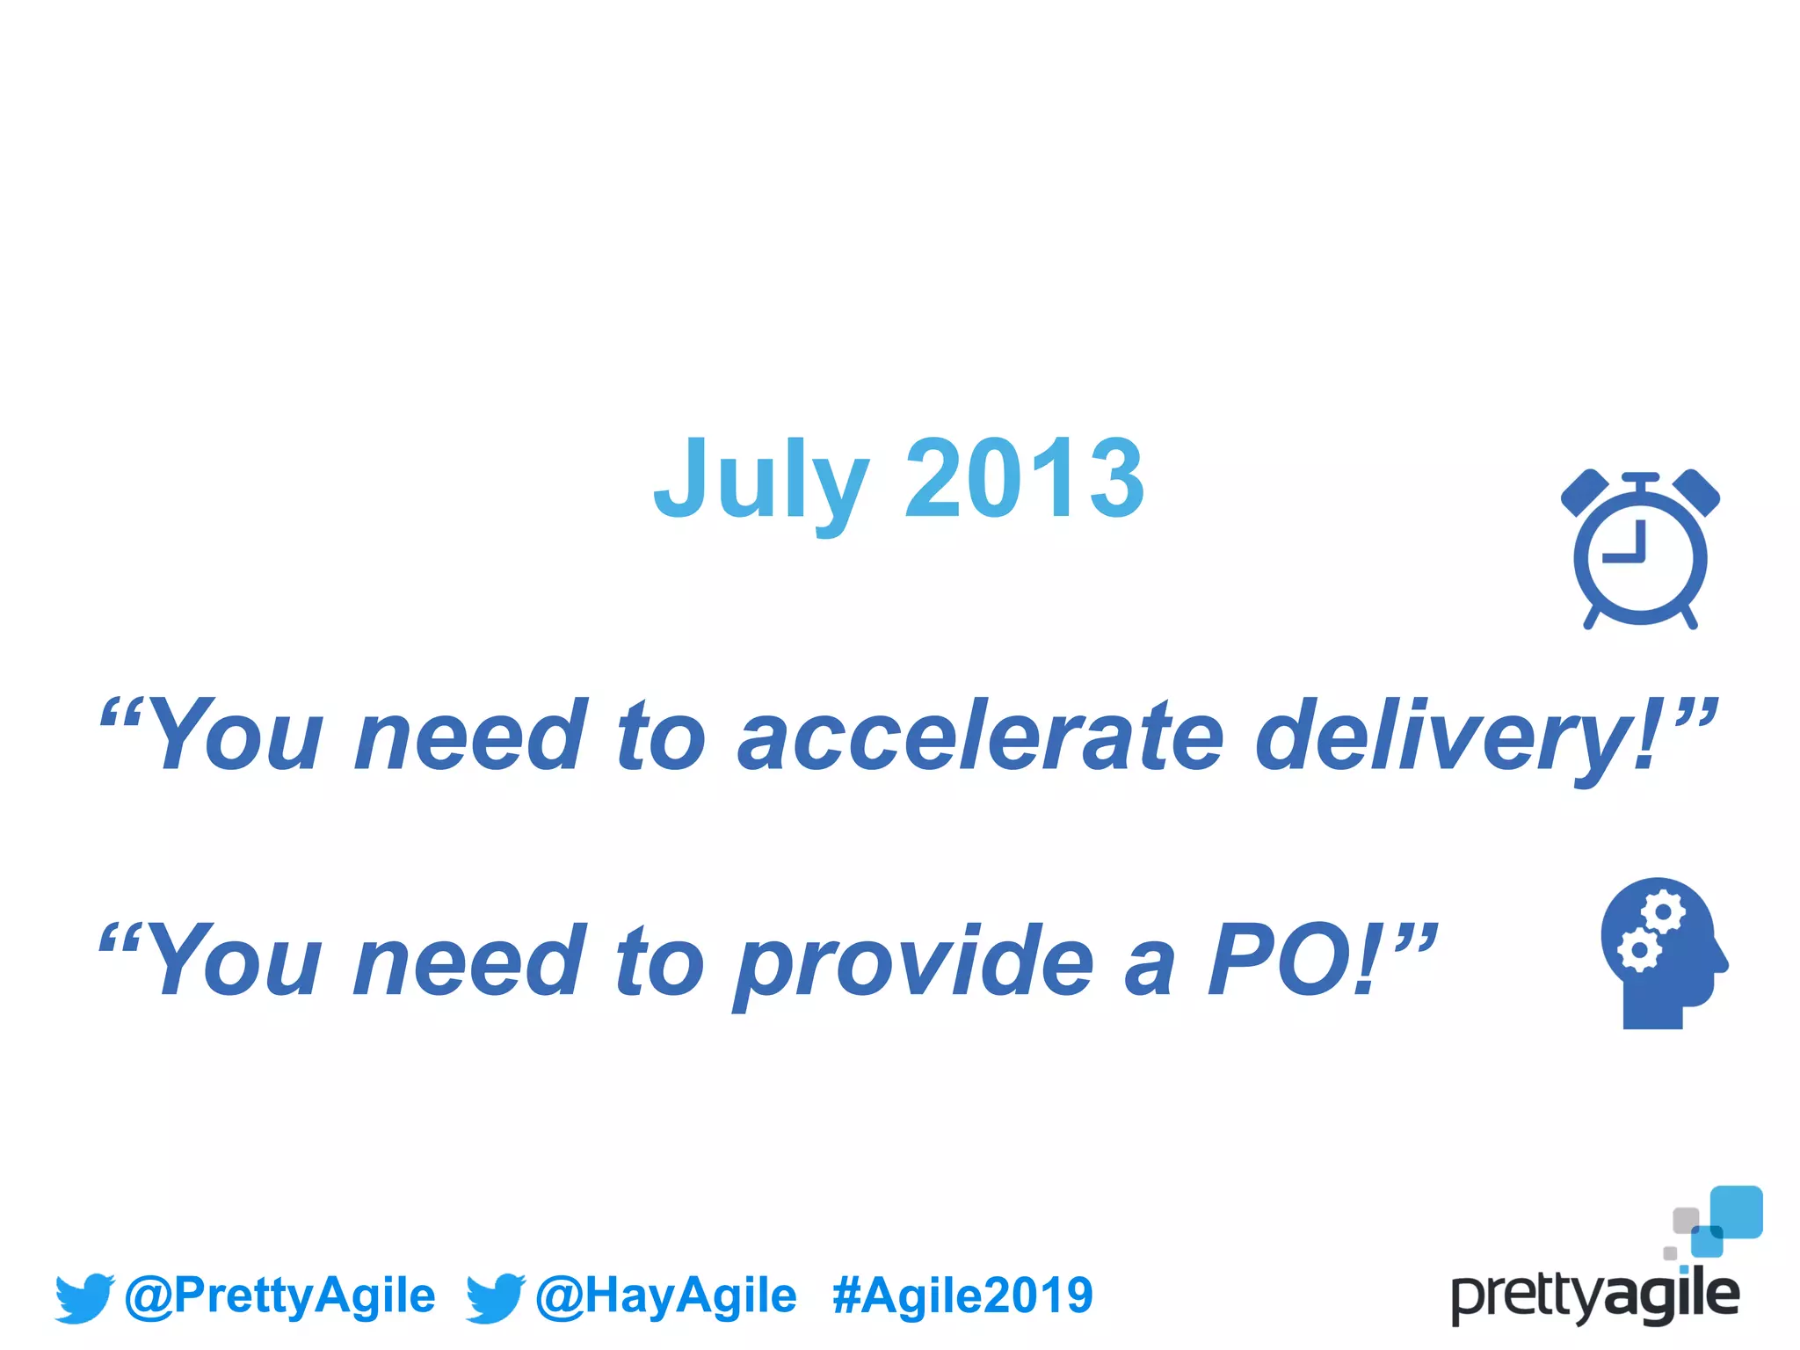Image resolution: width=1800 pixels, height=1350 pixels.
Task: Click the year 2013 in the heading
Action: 1024,479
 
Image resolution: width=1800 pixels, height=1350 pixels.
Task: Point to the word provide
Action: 915,963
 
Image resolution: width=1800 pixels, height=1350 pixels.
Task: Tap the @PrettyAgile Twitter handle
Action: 280,1296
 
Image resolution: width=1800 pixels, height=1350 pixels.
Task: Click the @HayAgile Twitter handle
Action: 666,1296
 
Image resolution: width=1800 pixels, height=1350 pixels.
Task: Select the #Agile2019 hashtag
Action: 962,1296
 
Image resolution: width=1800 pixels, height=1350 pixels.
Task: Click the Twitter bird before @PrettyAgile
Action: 84,1297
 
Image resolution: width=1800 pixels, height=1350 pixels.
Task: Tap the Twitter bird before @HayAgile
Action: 495,1297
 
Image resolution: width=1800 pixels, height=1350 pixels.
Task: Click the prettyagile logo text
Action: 1595,1296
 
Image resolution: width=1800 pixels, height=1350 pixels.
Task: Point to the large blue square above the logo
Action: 1736,1211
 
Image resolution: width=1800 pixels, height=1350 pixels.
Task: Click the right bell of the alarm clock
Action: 1696,493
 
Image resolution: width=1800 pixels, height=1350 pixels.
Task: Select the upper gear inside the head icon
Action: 1663,913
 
